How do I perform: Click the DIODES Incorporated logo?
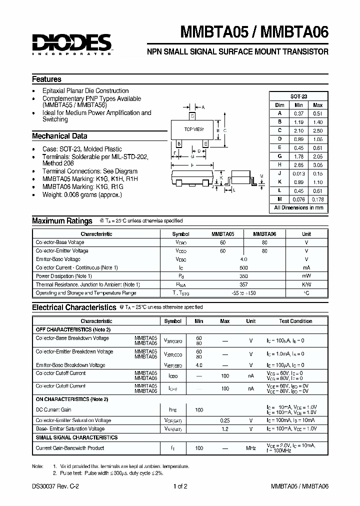coord(71,43)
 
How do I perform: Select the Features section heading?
coord(47,79)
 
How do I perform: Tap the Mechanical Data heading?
coord(59,136)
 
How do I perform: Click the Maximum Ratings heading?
coord(62,221)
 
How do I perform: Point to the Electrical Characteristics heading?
coord(74,307)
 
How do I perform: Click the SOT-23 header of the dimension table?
coord(298,96)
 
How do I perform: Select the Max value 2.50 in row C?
coord(317,130)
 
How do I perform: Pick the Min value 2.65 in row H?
coord(298,164)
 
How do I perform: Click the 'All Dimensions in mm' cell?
coord(298,207)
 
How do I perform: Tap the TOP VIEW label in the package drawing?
coord(194,129)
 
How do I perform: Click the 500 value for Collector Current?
coord(243,267)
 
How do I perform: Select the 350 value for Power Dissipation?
coord(243,276)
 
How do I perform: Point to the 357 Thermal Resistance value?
coord(243,284)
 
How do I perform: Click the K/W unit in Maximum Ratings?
coord(306,284)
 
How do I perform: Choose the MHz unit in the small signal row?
coord(250,448)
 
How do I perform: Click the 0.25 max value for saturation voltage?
coord(225,420)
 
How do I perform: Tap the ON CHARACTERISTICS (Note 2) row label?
coord(72,399)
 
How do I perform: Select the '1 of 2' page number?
coord(179,486)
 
